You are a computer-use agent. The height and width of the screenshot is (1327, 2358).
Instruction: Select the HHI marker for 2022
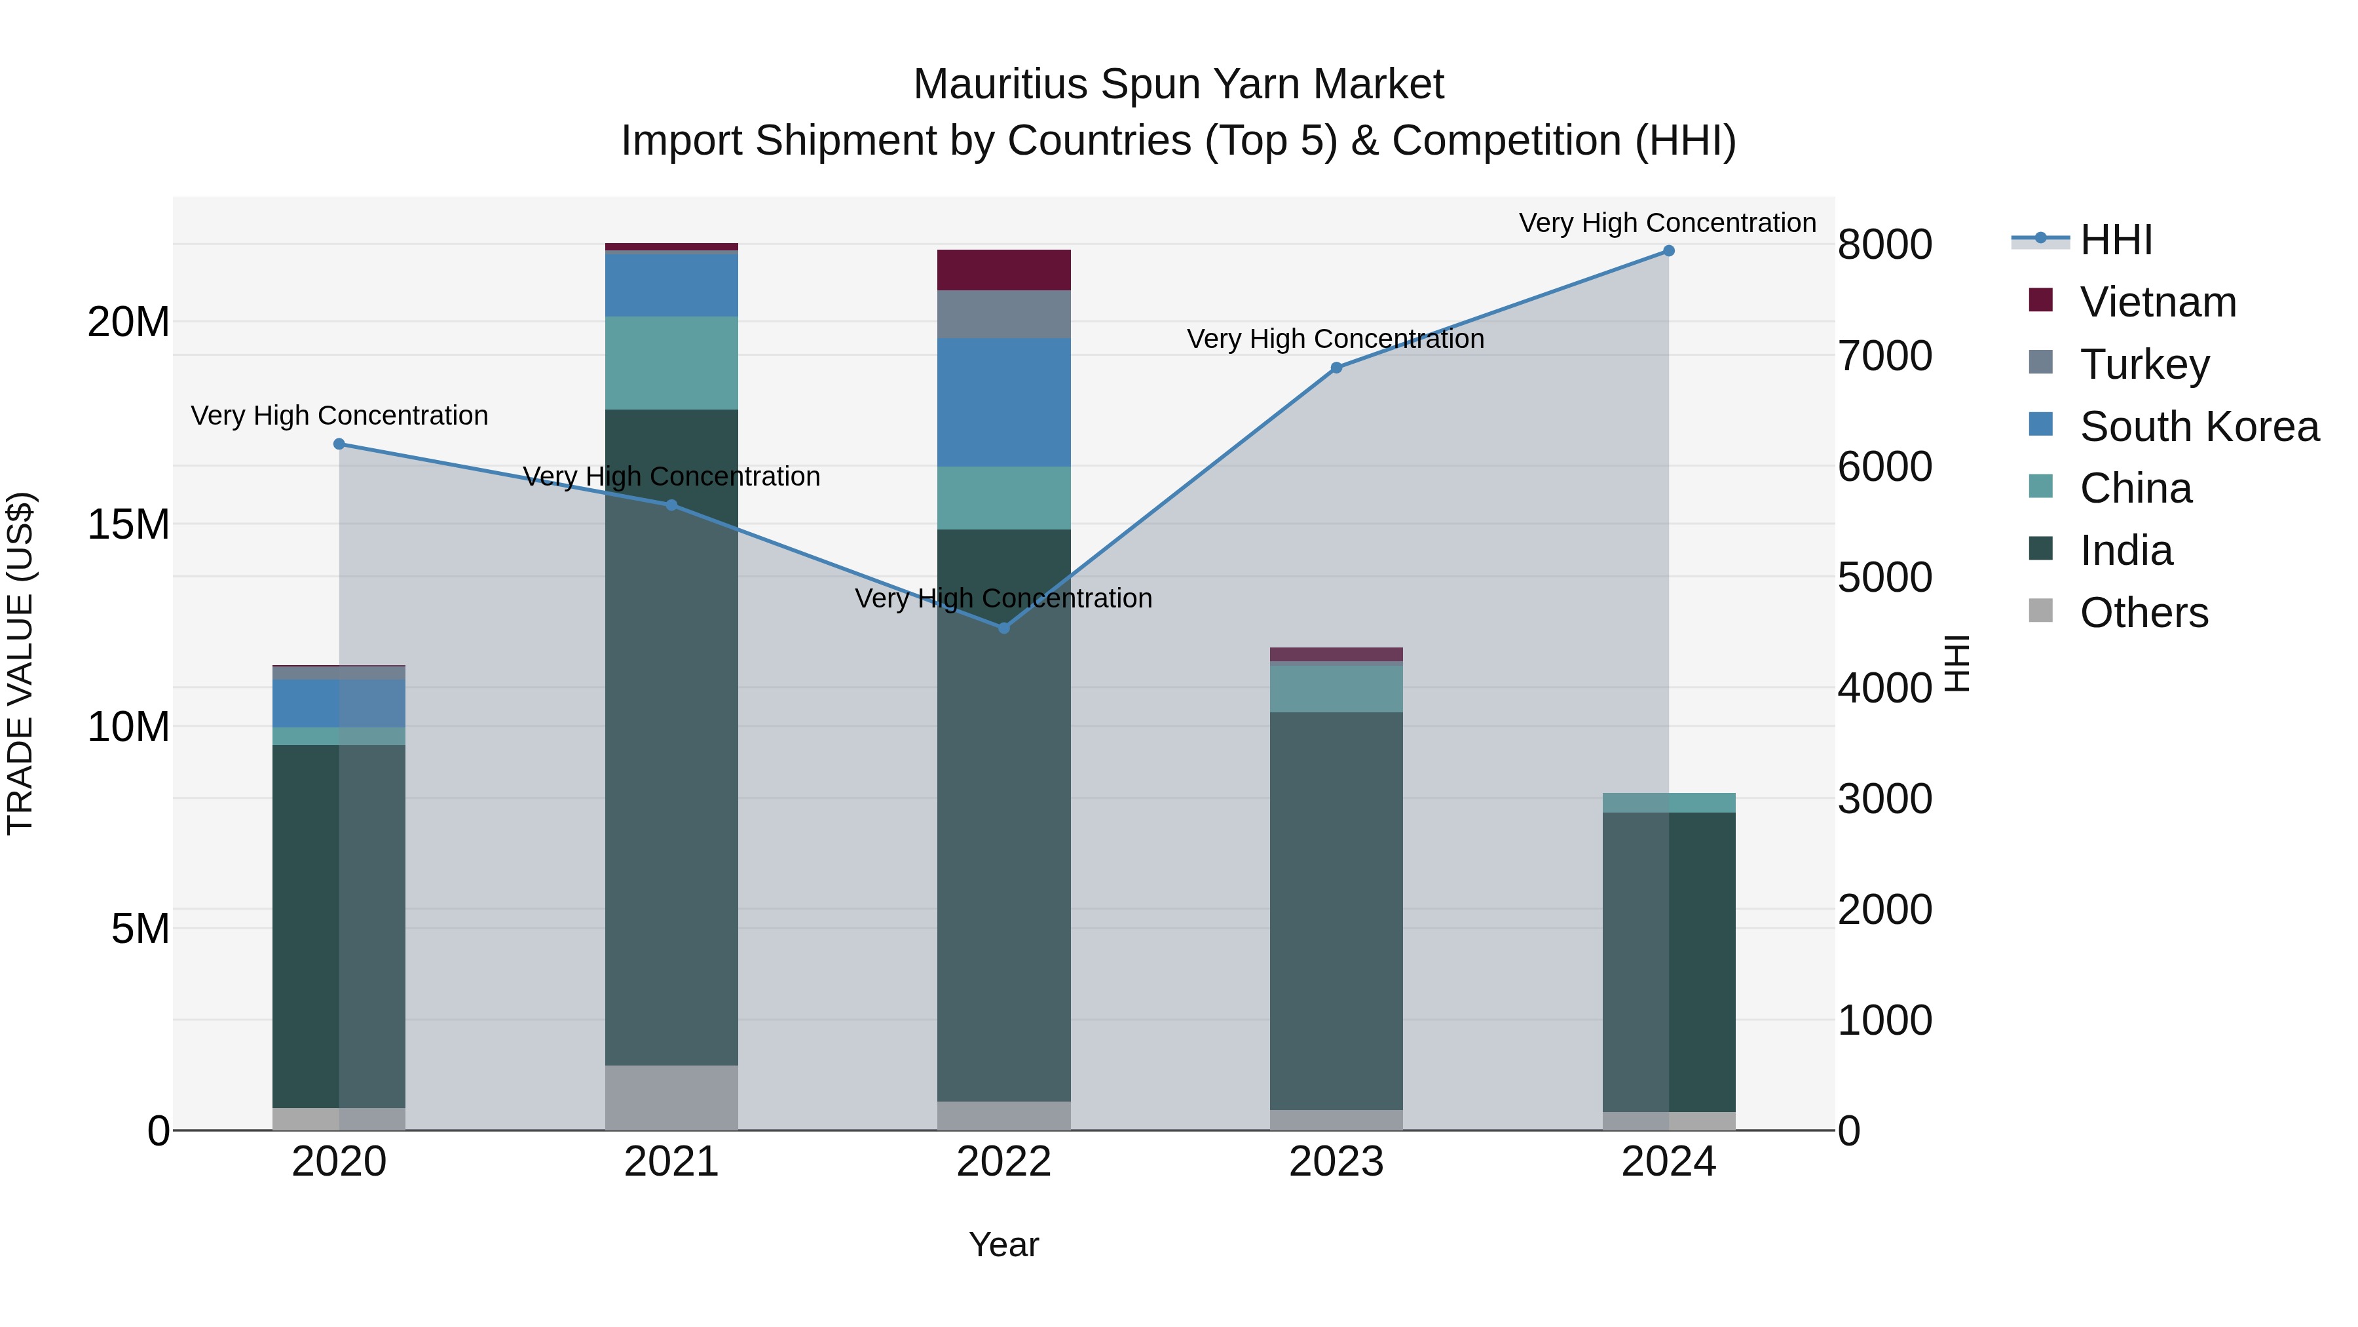click(x=1003, y=628)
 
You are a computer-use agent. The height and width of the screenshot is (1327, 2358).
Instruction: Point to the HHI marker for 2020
click(x=339, y=444)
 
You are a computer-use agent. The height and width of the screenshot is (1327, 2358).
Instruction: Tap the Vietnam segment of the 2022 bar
click(x=1003, y=270)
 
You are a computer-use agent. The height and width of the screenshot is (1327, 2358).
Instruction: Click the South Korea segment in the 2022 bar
click(x=1003, y=402)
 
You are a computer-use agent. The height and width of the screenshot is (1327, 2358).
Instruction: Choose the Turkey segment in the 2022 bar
click(x=1003, y=314)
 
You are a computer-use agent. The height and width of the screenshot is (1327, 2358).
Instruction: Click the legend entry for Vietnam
click(x=2158, y=302)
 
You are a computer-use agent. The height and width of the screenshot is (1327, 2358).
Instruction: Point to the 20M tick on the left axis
click(x=128, y=322)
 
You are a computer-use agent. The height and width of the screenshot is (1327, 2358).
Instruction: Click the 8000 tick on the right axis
click(x=1884, y=246)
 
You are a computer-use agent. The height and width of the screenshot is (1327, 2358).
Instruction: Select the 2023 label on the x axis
click(x=1336, y=1162)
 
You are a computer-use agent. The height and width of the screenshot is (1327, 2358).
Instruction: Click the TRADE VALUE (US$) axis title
click(x=20, y=663)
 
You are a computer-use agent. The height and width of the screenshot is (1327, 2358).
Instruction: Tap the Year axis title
click(x=1003, y=1244)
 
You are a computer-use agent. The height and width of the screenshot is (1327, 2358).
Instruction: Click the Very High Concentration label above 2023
click(x=1335, y=339)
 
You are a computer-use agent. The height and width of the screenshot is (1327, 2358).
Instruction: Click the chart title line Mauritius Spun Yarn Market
click(x=1178, y=85)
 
